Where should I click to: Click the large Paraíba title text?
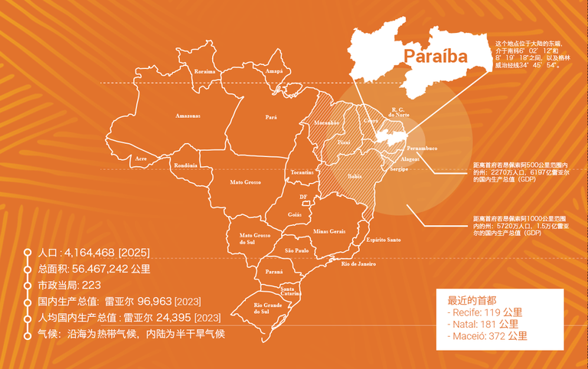pos(435,57)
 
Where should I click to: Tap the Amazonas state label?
pos(187,116)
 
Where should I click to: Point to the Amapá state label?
pos(273,71)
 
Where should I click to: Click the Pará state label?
pos(270,117)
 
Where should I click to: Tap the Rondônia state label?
pos(186,165)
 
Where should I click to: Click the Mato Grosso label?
pos(246,182)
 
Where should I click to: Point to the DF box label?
pos(304,197)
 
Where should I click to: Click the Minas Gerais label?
pos(329,230)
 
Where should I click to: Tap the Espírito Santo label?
pos(384,240)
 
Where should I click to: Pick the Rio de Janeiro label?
pos(358,264)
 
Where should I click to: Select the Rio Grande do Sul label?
pos(269,309)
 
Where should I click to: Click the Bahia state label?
pos(354,175)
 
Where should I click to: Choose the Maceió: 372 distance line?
pos(487,335)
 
